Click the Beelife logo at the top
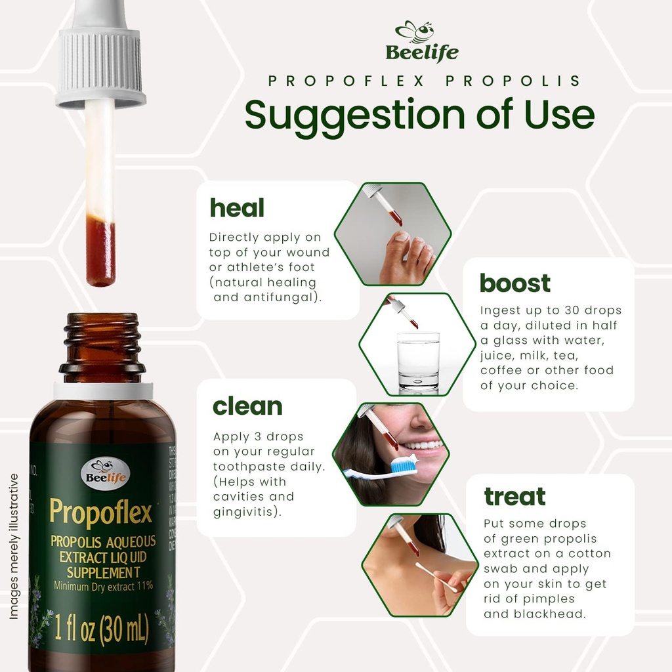[x=421, y=41]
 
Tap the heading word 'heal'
[x=236, y=208]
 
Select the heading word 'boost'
[x=515, y=283]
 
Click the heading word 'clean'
[x=247, y=407]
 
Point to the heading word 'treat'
[x=514, y=496]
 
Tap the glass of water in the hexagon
[x=418, y=363]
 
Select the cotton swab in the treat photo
[x=436, y=577]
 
